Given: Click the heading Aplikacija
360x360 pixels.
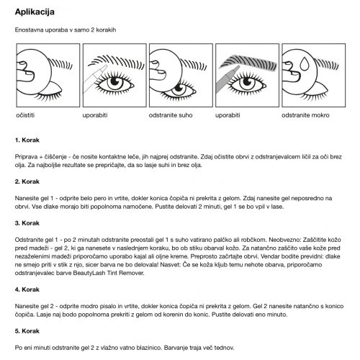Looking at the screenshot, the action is tap(35, 12).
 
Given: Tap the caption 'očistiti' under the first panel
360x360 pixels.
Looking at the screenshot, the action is tap(25, 115).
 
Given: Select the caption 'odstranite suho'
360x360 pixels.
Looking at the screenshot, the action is tap(171, 115).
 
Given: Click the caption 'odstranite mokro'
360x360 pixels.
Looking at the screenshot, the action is tap(305, 115).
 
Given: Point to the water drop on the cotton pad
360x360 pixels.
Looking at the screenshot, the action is tap(305, 63).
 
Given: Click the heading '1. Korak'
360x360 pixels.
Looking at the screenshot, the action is tap(27, 140).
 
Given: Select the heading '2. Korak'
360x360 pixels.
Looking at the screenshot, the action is tap(27, 181).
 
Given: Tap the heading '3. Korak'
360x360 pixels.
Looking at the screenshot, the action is tap(27, 223).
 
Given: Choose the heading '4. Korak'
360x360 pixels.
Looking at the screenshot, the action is tap(27, 289).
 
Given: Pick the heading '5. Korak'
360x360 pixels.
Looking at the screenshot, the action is tap(27, 331).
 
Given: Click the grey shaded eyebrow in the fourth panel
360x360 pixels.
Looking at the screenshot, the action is tap(248, 63).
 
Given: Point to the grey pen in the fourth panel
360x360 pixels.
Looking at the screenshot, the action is tap(227, 80).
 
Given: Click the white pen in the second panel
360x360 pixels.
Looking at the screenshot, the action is tap(94, 78).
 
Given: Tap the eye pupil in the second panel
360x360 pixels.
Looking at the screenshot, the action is tap(114, 82).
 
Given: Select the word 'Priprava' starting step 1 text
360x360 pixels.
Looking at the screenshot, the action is tap(25, 157).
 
